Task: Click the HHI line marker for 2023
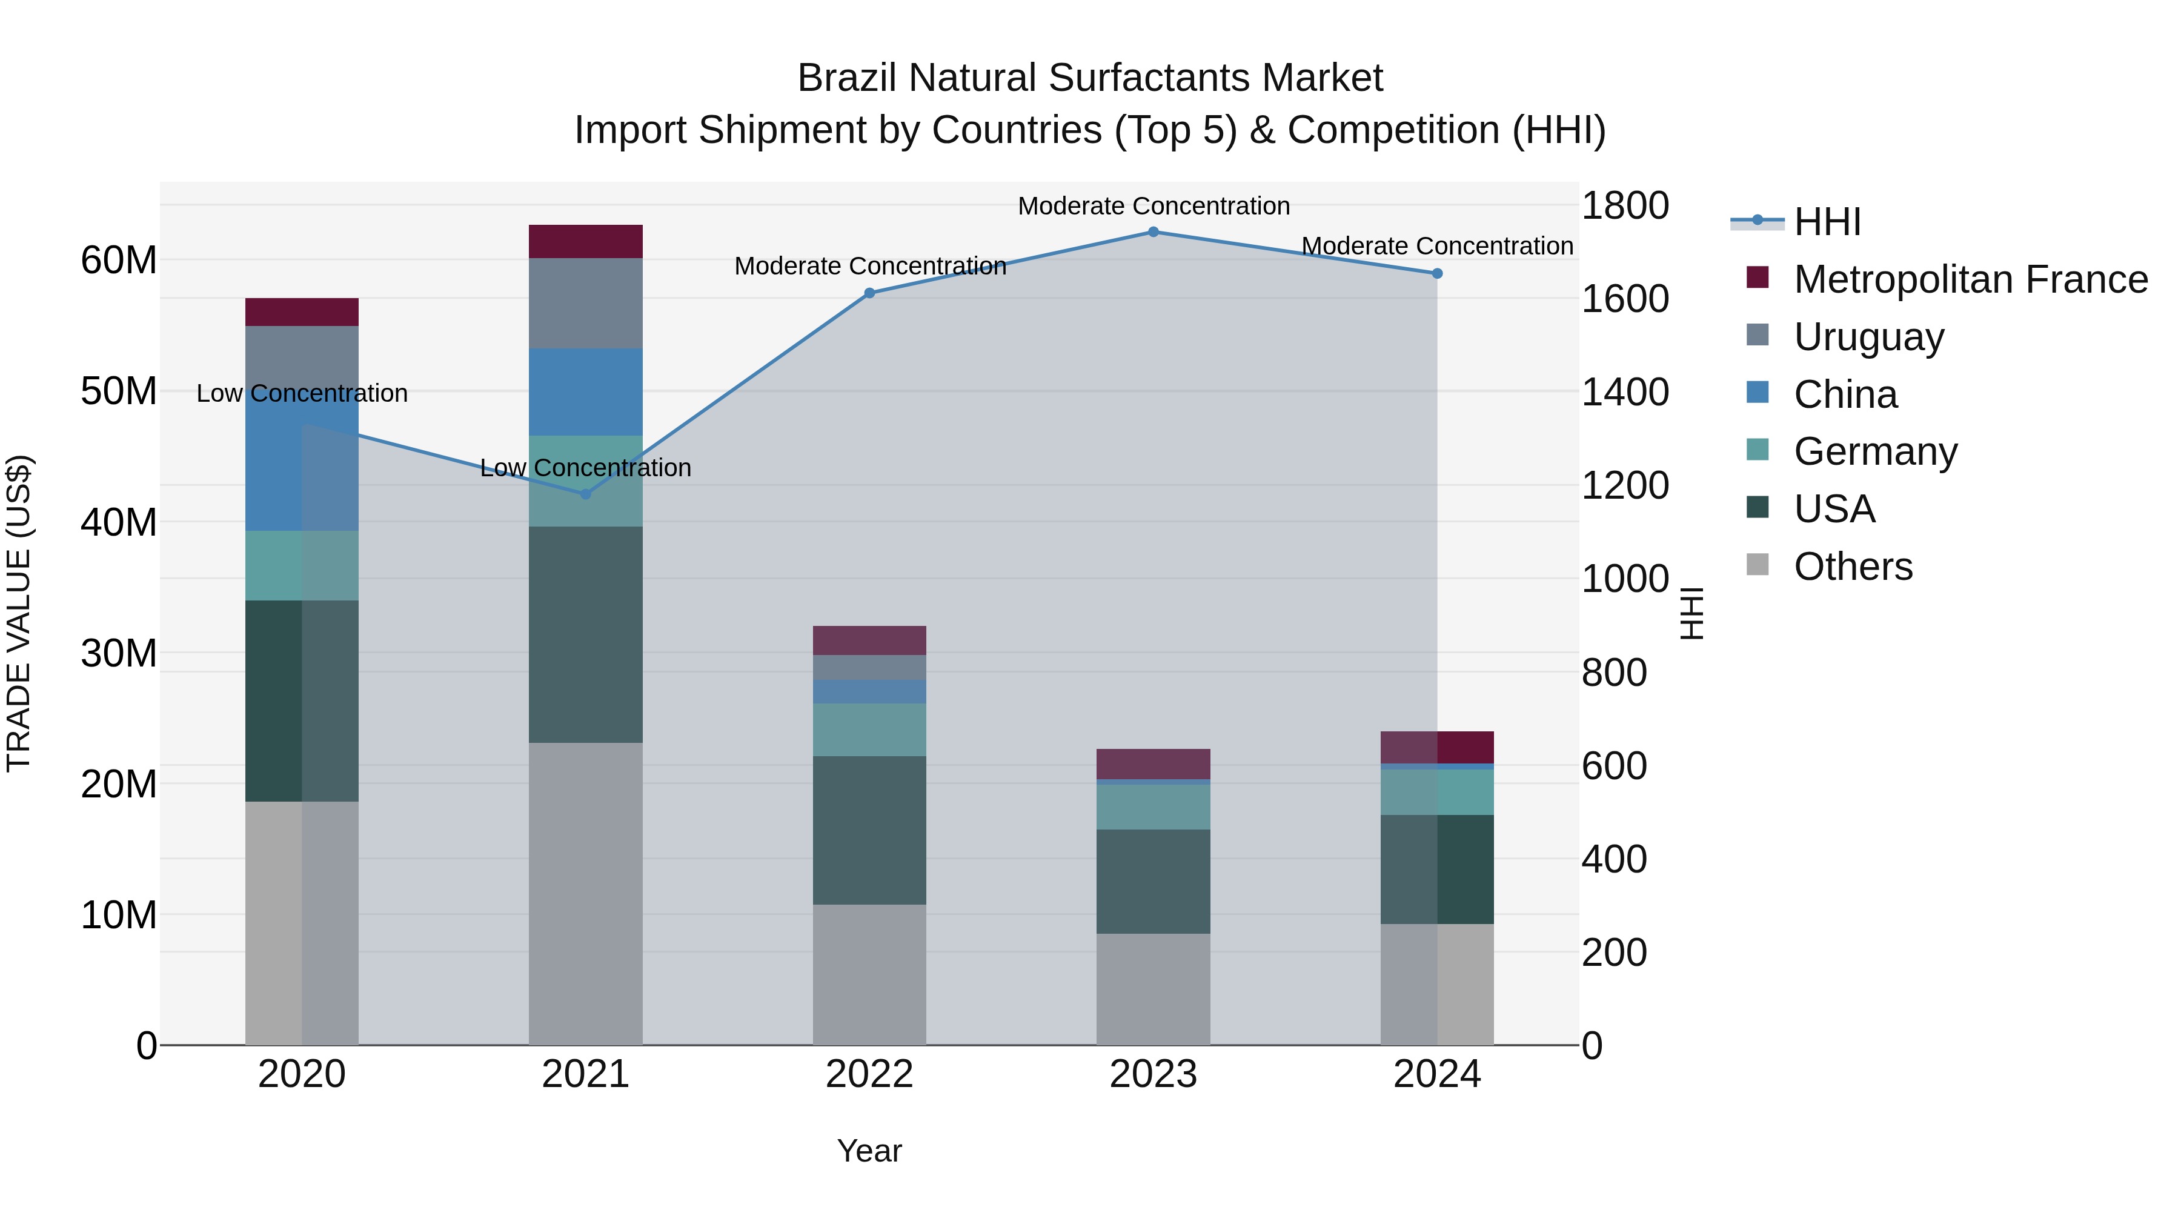1153,232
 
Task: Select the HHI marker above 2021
585,494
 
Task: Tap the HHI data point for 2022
869,293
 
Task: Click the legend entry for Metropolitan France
1970,279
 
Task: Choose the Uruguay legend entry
1868,337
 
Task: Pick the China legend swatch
1758,393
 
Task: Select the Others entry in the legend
1853,567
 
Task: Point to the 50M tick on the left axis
119,391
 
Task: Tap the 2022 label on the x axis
869,1074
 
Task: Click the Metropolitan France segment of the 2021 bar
585,241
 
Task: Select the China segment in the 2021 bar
585,391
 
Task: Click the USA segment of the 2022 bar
869,830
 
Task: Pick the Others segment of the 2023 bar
1153,989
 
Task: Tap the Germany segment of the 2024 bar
1437,792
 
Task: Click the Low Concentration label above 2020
302,394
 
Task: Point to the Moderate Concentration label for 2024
1437,247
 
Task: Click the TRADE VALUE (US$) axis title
19,613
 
